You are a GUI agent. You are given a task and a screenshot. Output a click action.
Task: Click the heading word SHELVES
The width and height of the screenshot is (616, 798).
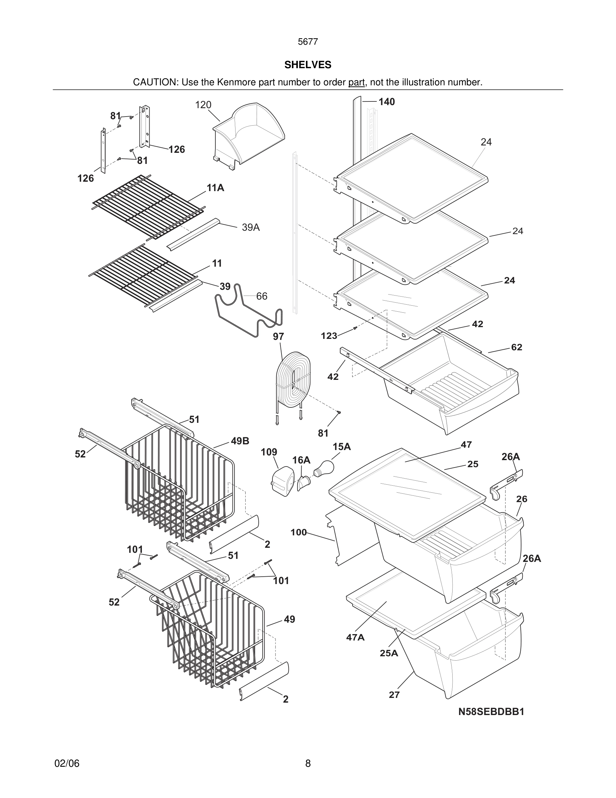click(308, 65)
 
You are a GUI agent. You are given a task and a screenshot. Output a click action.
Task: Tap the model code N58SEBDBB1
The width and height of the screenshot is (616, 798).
click(491, 711)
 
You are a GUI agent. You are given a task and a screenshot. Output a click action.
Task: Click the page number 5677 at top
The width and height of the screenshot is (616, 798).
click(308, 42)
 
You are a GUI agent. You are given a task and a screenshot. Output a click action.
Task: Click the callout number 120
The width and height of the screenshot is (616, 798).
click(203, 105)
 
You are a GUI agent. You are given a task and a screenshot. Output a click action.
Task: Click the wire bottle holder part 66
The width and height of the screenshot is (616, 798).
click(248, 312)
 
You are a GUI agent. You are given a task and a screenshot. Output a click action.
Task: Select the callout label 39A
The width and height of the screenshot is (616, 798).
click(251, 227)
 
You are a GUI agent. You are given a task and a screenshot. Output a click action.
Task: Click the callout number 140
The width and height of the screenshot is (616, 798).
click(387, 102)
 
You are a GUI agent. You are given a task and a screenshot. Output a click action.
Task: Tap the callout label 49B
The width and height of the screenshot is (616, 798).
click(240, 441)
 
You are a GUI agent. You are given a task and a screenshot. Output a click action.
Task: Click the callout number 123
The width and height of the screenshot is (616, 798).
click(329, 336)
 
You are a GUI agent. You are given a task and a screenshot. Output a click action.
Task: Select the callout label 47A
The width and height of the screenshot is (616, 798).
click(355, 637)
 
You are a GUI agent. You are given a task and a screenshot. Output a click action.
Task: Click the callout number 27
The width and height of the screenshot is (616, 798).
click(394, 695)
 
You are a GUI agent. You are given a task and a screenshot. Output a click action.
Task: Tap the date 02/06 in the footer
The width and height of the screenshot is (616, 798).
click(67, 763)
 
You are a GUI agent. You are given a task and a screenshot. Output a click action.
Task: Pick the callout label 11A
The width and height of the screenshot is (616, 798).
click(215, 188)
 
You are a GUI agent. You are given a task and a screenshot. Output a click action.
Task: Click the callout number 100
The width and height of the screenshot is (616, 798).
click(299, 532)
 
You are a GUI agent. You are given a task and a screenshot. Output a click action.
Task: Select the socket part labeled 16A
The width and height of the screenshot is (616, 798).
click(304, 484)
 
